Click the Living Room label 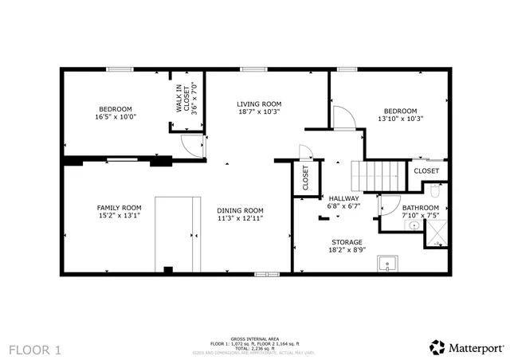pyautogui.click(x=259, y=104)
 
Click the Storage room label pyautogui.click(x=347, y=241)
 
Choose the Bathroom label pyautogui.click(x=398, y=207)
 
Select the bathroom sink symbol pyautogui.click(x=414, y=225)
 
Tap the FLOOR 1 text pyautogui.click(x=35, y=349)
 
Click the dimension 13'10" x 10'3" pyautogui.click(x=400, y=119)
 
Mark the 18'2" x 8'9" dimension pyautogui.click(x=347, y=249)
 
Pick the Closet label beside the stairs pyautogui.click(x=426, y=170)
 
